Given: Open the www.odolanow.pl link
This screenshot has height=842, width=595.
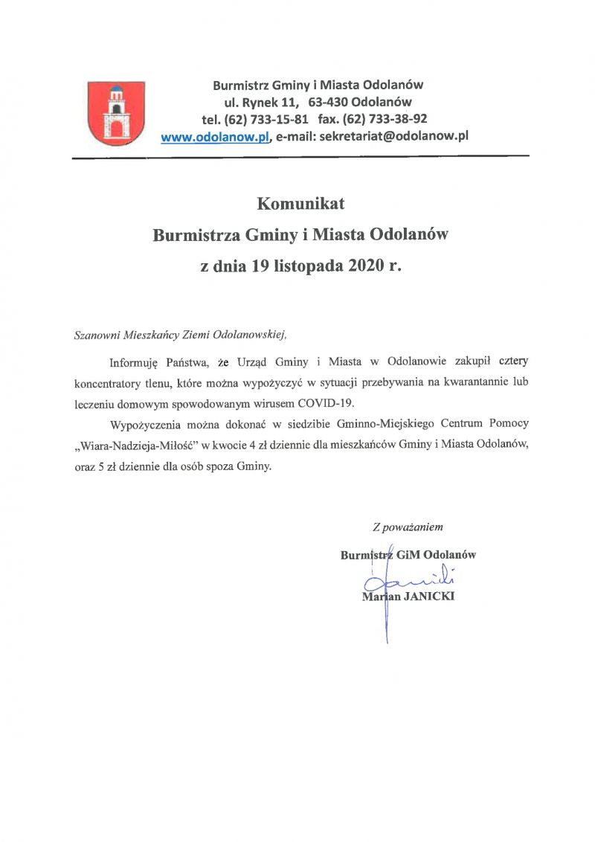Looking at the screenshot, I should [x=215, y=136].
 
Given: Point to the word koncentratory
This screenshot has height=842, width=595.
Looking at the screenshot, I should [x=112, y=383].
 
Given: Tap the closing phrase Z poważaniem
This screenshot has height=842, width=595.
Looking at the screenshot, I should [x=408, y=527].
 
